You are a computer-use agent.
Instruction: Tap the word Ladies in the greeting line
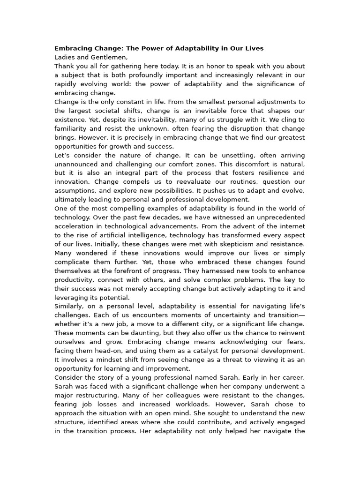64,57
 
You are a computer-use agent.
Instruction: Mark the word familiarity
73,128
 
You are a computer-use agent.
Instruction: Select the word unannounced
76,164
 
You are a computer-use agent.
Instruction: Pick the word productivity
74,280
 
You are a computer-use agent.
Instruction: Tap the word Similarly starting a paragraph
69,307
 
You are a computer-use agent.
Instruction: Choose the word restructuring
97,395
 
